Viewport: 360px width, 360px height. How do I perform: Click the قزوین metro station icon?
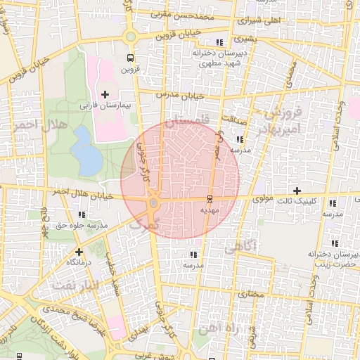130,58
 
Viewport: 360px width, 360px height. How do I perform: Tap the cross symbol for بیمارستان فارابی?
105,94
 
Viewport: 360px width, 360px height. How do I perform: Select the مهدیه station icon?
209,198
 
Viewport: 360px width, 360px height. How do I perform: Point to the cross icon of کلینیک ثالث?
297,191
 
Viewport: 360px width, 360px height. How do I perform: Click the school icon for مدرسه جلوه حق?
82,214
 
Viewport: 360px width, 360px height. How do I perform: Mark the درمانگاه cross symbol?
79,251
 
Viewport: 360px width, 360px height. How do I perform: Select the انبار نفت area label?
72,285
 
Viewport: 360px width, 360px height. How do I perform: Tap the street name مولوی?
262,199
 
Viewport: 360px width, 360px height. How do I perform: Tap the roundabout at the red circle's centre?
153,203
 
